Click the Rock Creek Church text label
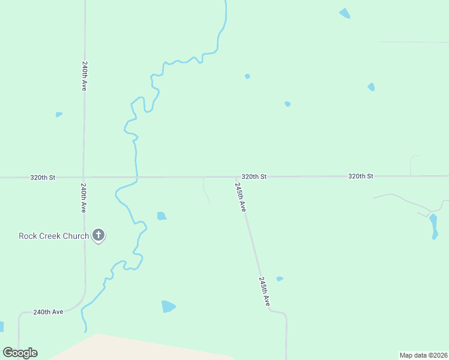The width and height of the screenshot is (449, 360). (x=53, y=236)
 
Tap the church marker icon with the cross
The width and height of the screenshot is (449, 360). (x=98, y=235)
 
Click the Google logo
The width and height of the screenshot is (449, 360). (x=20, y=353)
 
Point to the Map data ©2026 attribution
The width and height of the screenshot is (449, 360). (x=423, y=355)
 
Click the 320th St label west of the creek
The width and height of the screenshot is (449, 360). (x=43, y=178)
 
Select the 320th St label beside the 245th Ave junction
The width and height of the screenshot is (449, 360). (x=254, y=177)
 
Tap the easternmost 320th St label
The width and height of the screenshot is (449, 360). (x=361, y=176)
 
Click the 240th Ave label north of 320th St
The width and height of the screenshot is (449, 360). (x=85, y=75)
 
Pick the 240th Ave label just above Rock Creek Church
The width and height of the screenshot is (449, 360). (x=83, y=199)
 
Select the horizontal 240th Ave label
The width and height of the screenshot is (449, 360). (x=48, y=312)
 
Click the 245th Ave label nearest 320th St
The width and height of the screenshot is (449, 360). (x=240, y=197)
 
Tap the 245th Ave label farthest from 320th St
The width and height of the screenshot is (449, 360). (x=264, y=292)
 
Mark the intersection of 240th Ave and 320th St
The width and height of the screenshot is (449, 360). (x=83, y=178)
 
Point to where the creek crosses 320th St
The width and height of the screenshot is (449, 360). (x=137, y=178)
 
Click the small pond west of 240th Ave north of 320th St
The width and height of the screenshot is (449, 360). (x=58, y=114)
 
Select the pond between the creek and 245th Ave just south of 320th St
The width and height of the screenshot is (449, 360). (x=161, y=216)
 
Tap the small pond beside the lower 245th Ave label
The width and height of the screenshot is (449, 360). (x=279, y=278)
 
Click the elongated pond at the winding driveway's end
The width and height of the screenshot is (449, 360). (x=433, y=226)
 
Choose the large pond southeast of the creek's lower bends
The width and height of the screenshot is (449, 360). (x=168, y=307)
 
